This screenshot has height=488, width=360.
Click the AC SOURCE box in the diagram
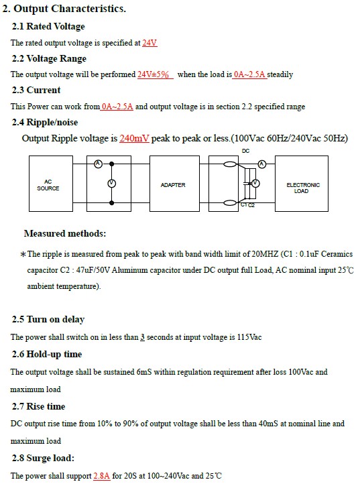(x=51, y=184)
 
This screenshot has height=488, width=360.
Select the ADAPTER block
(x=174, y=184)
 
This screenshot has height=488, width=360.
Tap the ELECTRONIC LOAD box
(x=302, y=184)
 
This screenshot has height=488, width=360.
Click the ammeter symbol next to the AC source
(x=99, y=164)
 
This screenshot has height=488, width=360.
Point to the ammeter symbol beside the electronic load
(x=262, y=164)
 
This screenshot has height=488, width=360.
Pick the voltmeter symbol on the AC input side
(x=112, y=184)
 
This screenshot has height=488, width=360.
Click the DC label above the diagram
(x=245, y=151)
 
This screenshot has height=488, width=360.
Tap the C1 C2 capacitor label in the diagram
(x=247, y=205)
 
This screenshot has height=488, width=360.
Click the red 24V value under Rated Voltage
(x=149, y=43)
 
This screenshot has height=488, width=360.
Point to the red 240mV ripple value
(x=134, y=138)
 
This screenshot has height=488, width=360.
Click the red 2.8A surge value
(x=102, y=476)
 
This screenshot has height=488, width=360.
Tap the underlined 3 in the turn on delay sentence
(x=143, y=337)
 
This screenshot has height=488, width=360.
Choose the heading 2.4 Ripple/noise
(x=45, y=122)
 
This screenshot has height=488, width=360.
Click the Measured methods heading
(x=65, y=233)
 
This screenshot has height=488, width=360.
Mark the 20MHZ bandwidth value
(x=265, y=254)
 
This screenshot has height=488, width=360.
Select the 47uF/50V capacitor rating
(x=93, y=270)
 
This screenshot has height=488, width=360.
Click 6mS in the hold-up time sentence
(x=144, y=372)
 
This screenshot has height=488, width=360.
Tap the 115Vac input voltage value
(x=249, y=337)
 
